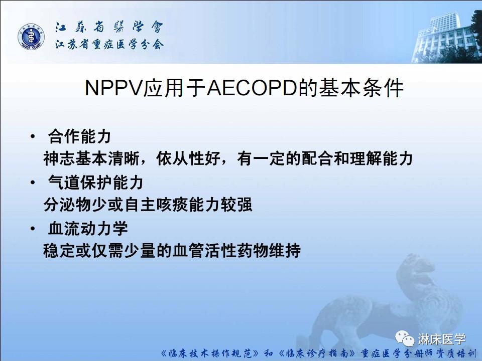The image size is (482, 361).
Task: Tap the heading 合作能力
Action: [79, 136]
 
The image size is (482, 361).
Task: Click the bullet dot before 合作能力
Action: [33, 136]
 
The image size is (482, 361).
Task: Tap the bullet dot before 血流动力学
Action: [33, 228]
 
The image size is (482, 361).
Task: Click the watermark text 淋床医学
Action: [442, 339]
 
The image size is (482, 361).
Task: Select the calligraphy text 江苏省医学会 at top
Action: [108, 28]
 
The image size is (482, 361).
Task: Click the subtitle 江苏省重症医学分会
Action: [108, 45]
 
